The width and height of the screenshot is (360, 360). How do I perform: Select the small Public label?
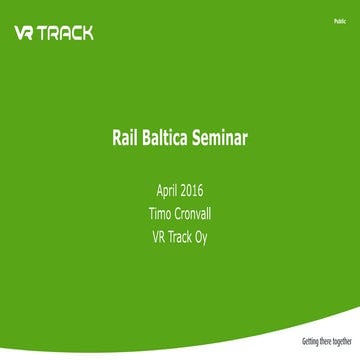341,20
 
